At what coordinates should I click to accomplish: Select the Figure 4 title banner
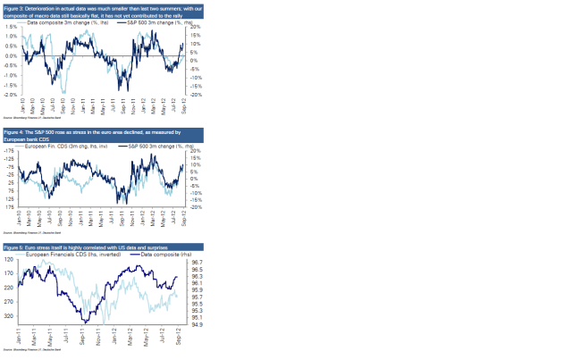[x=96, y=134]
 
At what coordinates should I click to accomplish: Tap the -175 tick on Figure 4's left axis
[x=11, y=151]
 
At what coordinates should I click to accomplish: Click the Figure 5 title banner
[x=96, y=247]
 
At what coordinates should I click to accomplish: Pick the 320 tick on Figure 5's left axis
[x=12, y=315]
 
